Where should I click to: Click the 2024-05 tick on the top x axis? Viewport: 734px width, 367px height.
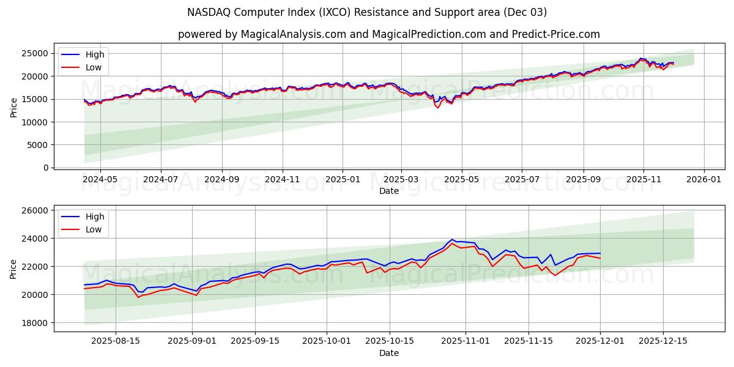click(100, 179)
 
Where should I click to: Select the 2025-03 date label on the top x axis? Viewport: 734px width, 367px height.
click(401, 179)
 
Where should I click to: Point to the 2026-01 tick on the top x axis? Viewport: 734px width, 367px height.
click(703, 179)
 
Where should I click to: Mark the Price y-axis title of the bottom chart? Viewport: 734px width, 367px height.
click(14, 269)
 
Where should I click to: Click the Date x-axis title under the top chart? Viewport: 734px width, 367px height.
click(388, 191)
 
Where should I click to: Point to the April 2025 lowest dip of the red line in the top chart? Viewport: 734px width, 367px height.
click(437, 108)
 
